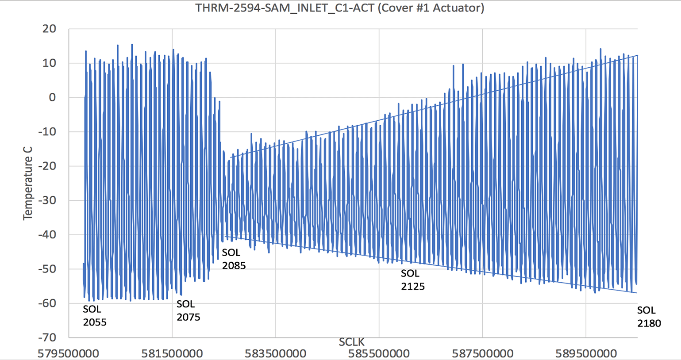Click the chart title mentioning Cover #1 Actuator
pos(340,8)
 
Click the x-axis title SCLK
pos(352,342)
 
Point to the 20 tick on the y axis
pos(50,29)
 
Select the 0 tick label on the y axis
pos(53,97)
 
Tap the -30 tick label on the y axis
pos(47,200)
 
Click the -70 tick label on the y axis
pos(47,337)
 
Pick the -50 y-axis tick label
pos(47,269)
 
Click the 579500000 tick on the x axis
pos(69,353)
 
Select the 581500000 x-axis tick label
pos(172,353)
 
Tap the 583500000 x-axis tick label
pos(275,353)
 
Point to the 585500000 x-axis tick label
pos(379,353)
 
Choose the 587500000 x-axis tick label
pos(482,353)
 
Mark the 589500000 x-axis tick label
pos(586,353)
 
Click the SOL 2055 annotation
pos(94,316)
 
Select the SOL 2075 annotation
pos(188,310)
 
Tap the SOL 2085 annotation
pos(234,259)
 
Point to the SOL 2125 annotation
pos(412,280)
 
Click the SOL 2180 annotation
pos(649,317)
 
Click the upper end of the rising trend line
pos(637,55)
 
